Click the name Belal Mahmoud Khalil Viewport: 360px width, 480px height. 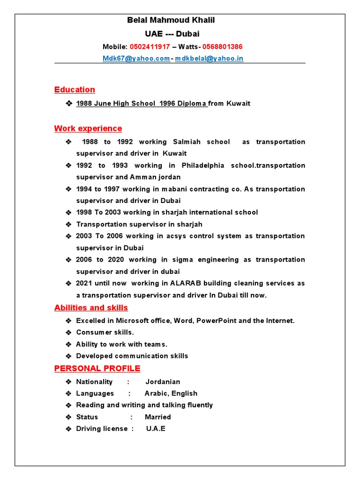pyautogui.click(x=171, y=20)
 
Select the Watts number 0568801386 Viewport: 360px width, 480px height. pyautogui.click(x=223, y=47)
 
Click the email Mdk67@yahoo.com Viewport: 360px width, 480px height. pyautogui.click(x=136, y=59)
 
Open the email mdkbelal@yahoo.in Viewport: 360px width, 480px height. pyautogui.click(x=209, y=59)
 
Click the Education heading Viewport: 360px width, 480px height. pyautogui.click(x=75, y=90)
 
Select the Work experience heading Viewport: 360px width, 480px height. pyautogui.click(x=88, y=128)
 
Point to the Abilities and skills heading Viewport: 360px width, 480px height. pyautogui.click(x=91, y=307)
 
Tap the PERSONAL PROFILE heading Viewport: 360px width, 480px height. pyautogui.click(x=97, y=368)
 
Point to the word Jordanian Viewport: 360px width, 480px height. pyautogui.click(x=163, y=382)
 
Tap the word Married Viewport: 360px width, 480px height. pyautogui.click(x=158, y=417)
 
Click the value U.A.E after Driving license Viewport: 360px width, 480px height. pyautogui.click(x=156, y=429)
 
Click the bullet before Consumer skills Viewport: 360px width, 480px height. pyautogui.click(x=68, y=332)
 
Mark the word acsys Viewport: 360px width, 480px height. pyautogui.click(x=176, y=236)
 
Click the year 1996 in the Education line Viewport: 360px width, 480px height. pyautogui.click(x=167, y=104)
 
